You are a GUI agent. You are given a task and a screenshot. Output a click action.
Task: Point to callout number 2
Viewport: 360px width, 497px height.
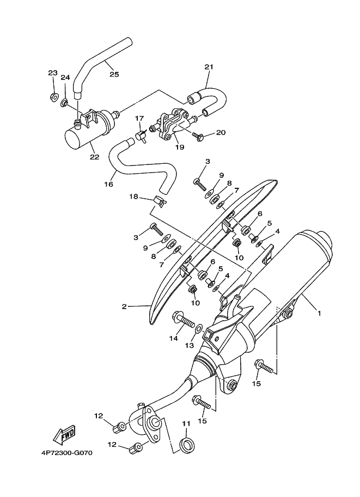124,306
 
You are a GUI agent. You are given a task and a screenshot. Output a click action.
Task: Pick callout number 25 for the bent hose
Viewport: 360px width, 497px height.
114,75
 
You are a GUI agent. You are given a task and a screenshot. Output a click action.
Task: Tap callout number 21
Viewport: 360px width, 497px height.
208,67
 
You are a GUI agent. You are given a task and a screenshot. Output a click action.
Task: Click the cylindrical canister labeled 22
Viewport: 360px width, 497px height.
87,132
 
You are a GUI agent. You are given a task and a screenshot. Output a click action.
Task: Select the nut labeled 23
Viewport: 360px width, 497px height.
53,97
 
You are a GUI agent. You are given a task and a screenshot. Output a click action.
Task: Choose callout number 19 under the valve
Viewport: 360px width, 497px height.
180,147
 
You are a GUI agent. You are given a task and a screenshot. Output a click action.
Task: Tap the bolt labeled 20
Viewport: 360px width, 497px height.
197,136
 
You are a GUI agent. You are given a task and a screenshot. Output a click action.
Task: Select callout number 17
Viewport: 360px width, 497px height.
139,118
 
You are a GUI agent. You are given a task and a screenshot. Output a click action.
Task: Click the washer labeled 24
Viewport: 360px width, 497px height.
65,102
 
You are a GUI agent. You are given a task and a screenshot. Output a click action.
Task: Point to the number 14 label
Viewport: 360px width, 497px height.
173,338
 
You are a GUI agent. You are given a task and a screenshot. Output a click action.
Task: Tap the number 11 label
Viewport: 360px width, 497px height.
186,423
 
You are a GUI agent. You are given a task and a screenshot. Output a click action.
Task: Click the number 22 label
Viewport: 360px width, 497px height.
94,157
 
